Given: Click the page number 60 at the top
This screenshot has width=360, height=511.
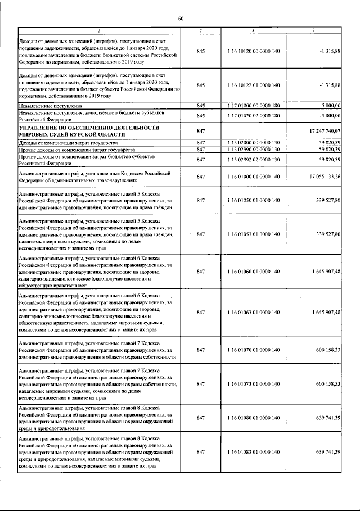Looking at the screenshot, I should [181, 19].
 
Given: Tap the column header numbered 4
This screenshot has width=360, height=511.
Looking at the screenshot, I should [320, 30].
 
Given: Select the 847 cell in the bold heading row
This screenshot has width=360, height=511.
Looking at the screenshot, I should [201, 130].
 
